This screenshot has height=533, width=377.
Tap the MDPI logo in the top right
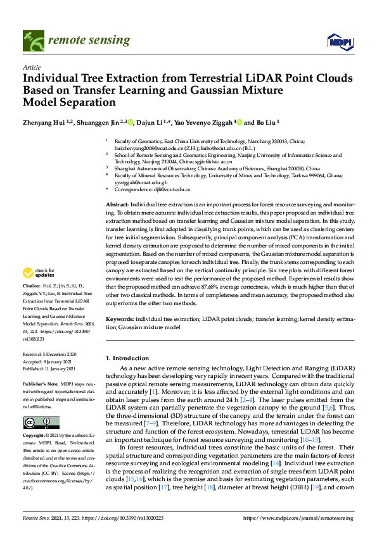pyautogui.click(x=340, y=42)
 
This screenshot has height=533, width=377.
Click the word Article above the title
pyautogui.click(x=31, y=67)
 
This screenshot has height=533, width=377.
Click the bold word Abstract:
pyautogui.click(x=117, y=205)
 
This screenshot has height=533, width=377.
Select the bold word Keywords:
pyautogui.click(x=119, y=320)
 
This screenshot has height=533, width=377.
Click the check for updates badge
pyautogui.click(x=38, y=273)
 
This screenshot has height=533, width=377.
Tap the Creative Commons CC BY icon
pyautogui.click(x=41, y=422)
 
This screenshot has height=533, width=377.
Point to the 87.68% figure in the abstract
pyautogui.click(x=213, y=295)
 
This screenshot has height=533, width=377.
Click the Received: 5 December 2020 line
pyautogui.click(x=49, y=354)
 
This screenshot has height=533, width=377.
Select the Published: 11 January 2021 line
pyautogui.click(x=49, y=368)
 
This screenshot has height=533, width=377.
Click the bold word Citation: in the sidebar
pyautogui.click(x=32, y=285)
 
